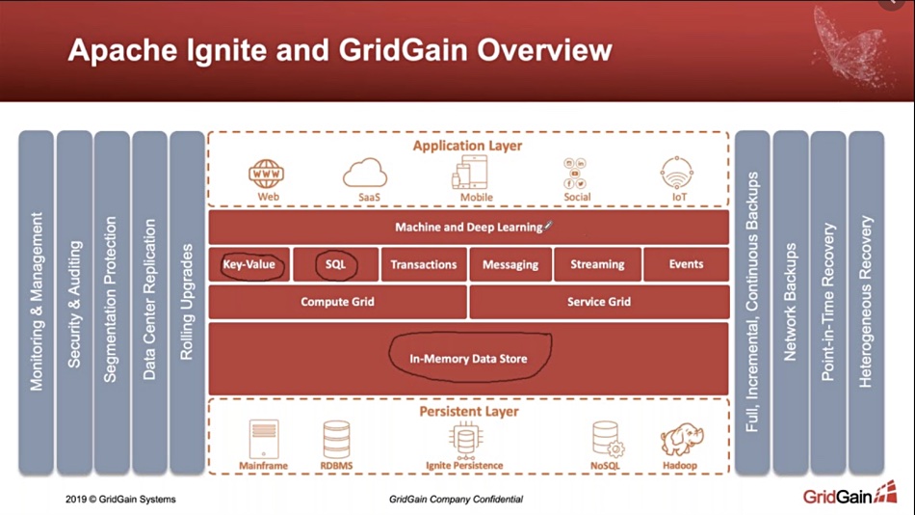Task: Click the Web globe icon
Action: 267,174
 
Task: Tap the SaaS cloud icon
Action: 365,173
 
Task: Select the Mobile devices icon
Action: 470,173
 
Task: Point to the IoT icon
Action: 677,173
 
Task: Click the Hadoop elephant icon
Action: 682,440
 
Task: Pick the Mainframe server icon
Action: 264,439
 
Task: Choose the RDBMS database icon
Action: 337,439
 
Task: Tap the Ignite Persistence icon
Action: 465,440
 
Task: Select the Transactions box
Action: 424,264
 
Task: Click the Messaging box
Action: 510,264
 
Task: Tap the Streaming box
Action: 597,264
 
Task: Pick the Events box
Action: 686,264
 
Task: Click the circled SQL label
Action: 335,264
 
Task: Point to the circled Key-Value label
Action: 249,264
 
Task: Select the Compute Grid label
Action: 337,302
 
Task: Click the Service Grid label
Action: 599,302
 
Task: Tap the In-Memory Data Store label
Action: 468,359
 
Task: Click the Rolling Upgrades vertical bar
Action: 187,302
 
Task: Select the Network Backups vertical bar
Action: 790,302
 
